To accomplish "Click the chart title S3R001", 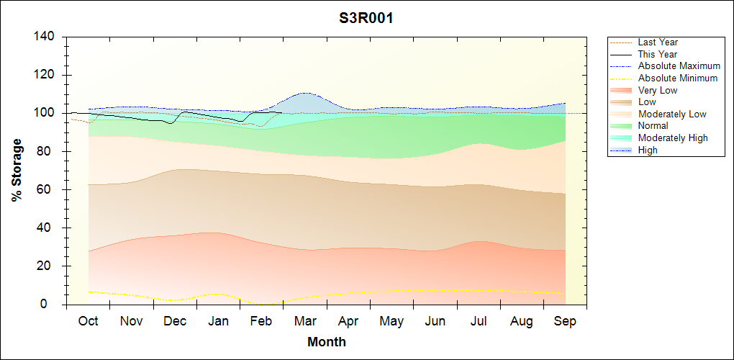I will [x=366, y=18].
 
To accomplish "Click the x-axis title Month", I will [x=327, y=342].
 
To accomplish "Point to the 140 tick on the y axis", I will [x=47, y=37].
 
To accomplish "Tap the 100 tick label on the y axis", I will [x=47, y=113].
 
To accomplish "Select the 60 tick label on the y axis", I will [x=51, y=189].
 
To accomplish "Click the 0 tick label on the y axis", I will [x=54, y=305].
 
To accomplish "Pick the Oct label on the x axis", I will [x=88, y=321].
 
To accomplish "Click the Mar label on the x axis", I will [x=305, y=321].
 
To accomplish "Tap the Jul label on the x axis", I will [x=479, y=321].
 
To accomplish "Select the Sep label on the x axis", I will [x=565, y=321].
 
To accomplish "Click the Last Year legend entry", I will [x=658, y=42].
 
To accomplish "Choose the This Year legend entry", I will [x=658, y=54].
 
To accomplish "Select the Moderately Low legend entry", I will [x=672, y=114].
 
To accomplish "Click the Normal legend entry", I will [x=653, y=125].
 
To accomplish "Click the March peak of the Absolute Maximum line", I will [x=305, y=93].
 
